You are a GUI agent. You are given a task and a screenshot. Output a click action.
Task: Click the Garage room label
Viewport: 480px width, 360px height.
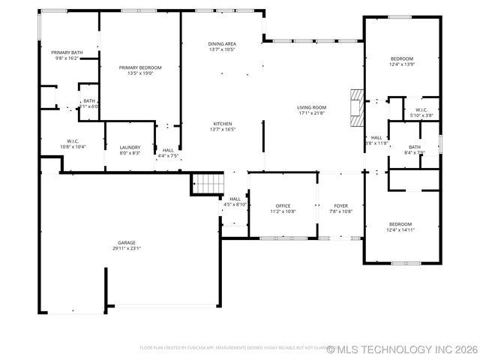126,243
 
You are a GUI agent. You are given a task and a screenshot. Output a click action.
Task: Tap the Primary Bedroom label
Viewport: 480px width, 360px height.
140,67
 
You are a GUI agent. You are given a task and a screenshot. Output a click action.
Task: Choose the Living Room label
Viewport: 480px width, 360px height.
311,108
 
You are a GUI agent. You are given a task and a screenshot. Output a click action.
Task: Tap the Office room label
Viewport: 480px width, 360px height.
283,205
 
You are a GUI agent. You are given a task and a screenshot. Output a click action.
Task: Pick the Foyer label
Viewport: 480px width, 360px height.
341,205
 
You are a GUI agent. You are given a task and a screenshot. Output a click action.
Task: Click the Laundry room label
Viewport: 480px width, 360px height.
130,148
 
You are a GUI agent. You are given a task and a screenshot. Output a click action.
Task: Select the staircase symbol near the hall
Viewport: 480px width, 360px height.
208,182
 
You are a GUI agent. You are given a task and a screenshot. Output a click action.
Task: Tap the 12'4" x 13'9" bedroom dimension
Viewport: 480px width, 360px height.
401,65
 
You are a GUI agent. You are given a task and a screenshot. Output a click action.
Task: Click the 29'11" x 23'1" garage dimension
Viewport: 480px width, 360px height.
126,248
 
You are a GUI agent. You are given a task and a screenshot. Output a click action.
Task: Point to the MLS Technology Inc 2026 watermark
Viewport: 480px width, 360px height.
401,349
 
